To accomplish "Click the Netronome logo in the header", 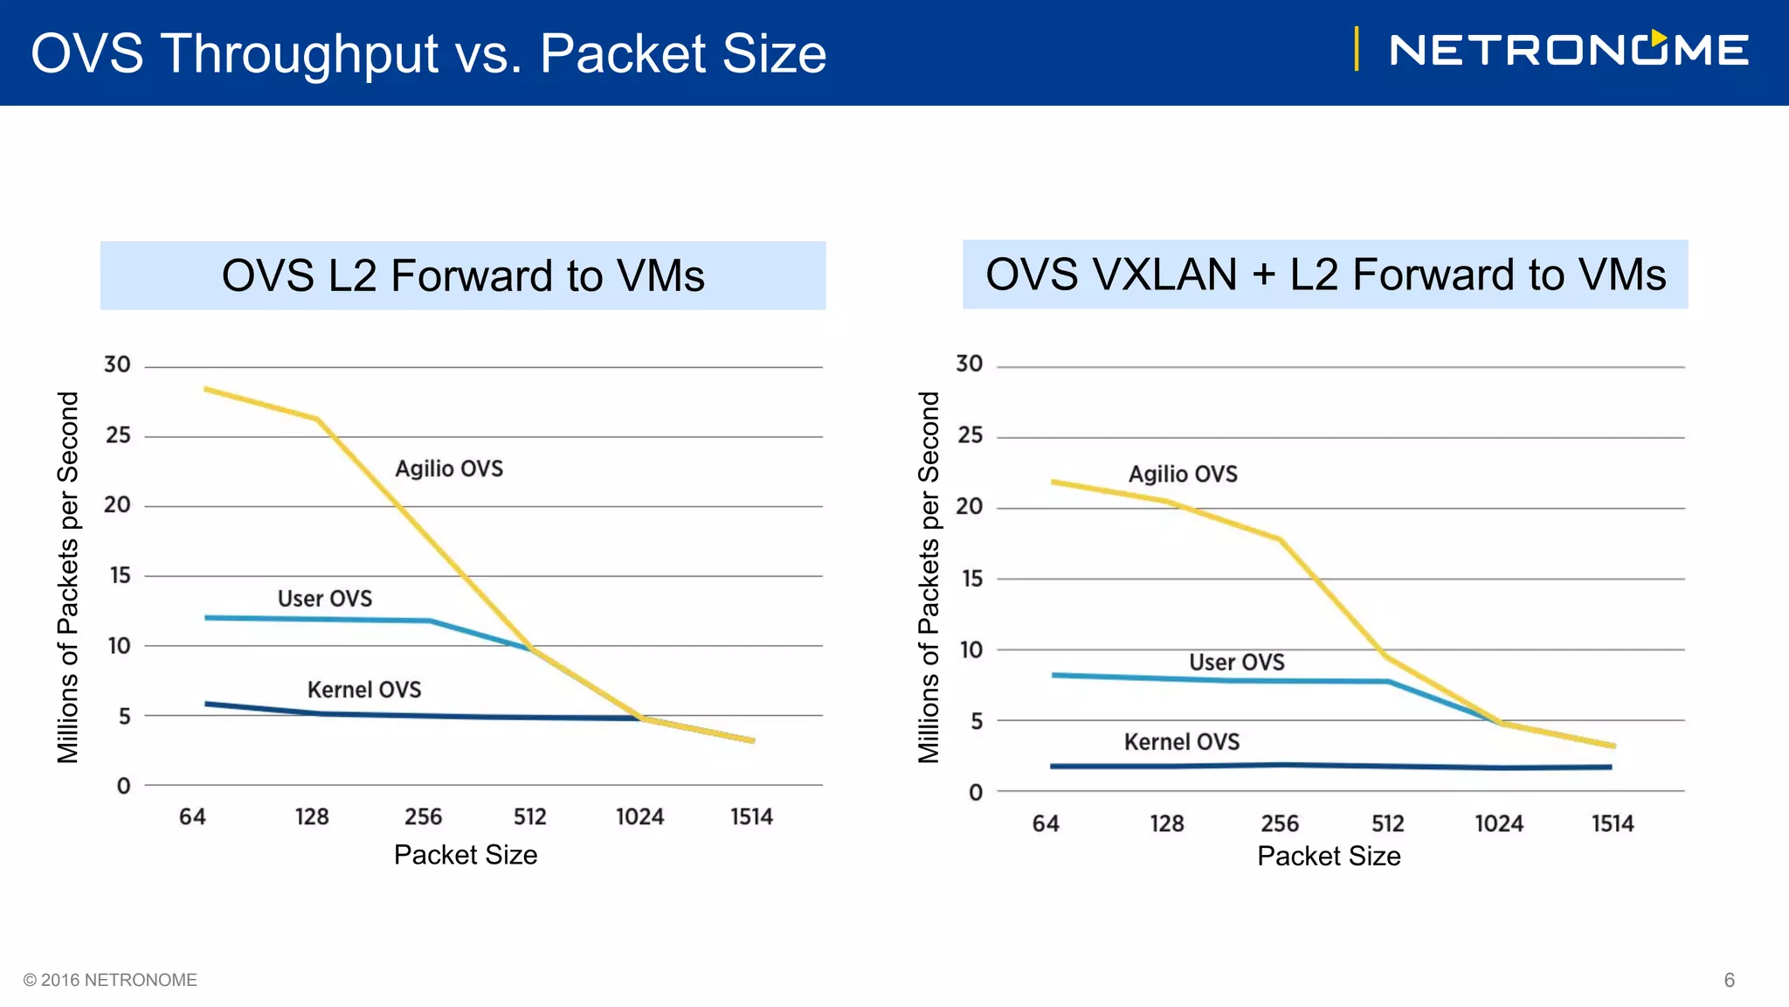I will [x=1568, y=50].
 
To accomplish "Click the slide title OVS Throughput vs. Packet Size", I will [x=428, y=53].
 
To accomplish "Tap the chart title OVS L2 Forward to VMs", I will [x=463, y=275].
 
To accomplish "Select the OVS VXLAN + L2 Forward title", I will [x=1325, y=274].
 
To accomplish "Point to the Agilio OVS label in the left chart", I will [x=449, y=469].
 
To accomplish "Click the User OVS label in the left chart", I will [x=325, y=599].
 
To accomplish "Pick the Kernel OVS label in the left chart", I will [x=364, y=691].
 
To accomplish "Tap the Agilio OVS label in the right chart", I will [x=1183, y=475].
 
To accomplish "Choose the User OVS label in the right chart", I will [x=1236, y=663].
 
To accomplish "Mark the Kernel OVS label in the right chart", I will [x=1181, y=742].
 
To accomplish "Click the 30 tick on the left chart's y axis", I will [x=117, y=365].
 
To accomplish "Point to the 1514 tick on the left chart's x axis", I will [x=751, y=817].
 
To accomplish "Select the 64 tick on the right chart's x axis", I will [x=1046, y=823].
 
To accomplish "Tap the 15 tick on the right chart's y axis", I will [x=971, y=579].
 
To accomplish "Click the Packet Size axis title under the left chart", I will [x=466, y=855].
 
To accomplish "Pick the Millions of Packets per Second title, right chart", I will [x=929, y=577].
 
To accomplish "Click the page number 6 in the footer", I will [x=1729, y=980].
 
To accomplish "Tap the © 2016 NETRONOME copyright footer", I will [x=110, y=980].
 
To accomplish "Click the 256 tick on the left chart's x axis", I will [x=423, y=817].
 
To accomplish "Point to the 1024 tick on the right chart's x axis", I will [x=1499, y=823].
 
